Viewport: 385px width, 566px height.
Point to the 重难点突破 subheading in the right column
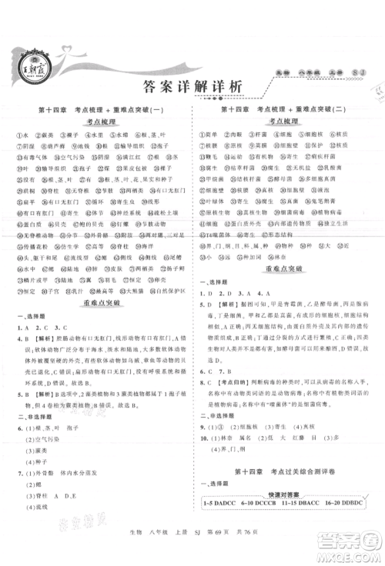(x=286, y=270)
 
